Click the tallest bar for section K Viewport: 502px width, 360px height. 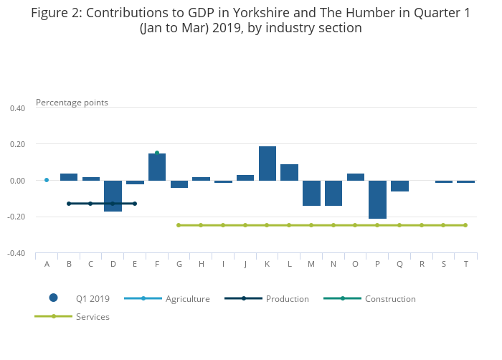(x=267, y=164)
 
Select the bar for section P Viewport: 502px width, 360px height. (x=378, y=199)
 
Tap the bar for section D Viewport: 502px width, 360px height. (x=113, y=196)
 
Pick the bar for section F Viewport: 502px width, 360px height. (x=157, y=167)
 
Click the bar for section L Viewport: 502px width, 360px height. (x=289, y=172)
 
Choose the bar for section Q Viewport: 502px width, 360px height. (x=399, y=186)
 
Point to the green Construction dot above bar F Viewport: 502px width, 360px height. (x=157, y=153)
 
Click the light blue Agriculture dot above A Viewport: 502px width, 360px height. (x=47, y=180)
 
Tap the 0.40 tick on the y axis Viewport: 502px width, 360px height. (x=17, y=108)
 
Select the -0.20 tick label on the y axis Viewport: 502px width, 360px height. (x=16, y=217)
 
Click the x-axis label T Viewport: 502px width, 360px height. (x=466, y=264)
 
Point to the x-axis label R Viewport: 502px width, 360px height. (x=422, y=264)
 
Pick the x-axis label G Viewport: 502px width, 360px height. (x=179, y=264)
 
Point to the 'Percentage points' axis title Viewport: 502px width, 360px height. (x=72, y=102)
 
